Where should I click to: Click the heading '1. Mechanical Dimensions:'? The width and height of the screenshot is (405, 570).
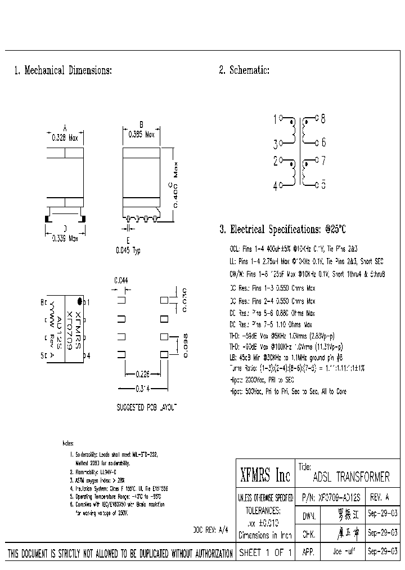point(62,71)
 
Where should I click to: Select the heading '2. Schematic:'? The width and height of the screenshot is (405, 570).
point(244,70)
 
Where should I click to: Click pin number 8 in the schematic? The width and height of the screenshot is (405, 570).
point(323,119)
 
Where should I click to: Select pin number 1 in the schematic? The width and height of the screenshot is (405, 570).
point(275,119)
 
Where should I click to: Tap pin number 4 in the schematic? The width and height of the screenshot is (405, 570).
point(275,186)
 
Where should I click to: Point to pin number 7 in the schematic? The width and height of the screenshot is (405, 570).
point(323,161)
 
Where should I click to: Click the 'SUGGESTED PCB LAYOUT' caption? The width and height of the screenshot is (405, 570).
point(146,407)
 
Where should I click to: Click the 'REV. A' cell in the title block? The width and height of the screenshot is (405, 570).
point(380,498)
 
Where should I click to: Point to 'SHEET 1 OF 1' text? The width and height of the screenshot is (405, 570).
point(265,553)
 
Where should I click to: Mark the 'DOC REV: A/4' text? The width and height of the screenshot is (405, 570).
point(211,530)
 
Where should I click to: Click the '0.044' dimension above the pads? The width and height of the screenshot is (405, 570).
point(121,280)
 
